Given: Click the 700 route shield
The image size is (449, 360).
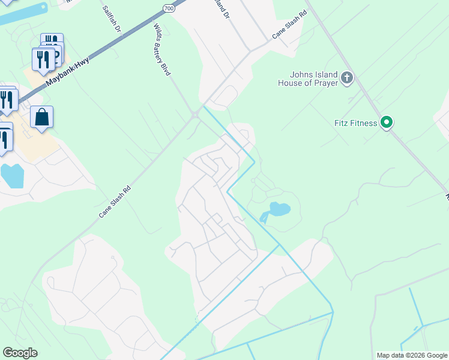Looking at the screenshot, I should click(169, 8).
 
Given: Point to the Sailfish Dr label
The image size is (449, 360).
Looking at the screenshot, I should click(112, 20).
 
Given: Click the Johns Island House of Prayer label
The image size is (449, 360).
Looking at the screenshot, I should click(307, 79).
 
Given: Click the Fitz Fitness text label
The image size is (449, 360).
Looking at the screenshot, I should click(355, 124).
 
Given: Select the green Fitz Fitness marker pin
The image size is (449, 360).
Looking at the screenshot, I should click(387, 123).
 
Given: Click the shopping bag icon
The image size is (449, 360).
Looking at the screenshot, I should click(42, 117).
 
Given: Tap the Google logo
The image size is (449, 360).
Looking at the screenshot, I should click(20, 353).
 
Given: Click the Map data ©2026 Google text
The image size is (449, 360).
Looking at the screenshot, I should click(411, 355).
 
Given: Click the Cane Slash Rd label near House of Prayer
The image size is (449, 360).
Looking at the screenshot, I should click(290, 25).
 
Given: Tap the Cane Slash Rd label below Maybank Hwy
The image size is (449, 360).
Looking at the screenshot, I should click(114, 201).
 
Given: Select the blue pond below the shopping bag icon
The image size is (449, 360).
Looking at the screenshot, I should click(12, 175).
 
